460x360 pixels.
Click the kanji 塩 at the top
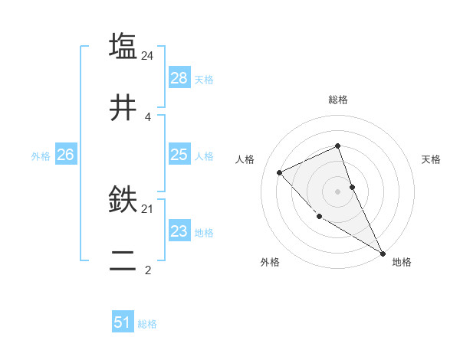coord(123,45)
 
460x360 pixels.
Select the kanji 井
coord(123,109)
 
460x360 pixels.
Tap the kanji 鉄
coord(123,200)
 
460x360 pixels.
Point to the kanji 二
coord(123,263)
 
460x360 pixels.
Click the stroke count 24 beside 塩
coord(149,55)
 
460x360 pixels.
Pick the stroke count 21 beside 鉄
coord(148,208)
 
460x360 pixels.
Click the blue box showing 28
coord(179,78)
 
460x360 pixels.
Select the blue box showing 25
coord(179,155)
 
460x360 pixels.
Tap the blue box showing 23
coord(179,231)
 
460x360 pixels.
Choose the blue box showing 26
coord(65,155)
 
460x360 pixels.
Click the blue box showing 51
coord(123,322)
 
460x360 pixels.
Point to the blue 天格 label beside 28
coord(204,79)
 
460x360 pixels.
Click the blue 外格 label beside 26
coord(41,155)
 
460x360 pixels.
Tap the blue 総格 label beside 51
coord(147,323)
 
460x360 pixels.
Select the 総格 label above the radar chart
coord(338,100)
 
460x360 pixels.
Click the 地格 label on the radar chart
coord(402,262)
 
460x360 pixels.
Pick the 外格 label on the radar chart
coord(270,262)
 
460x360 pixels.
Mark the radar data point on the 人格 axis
coord(280,172)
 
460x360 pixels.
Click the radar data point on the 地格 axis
coord(383,254)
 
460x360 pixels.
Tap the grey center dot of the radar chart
coord(338,191)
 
